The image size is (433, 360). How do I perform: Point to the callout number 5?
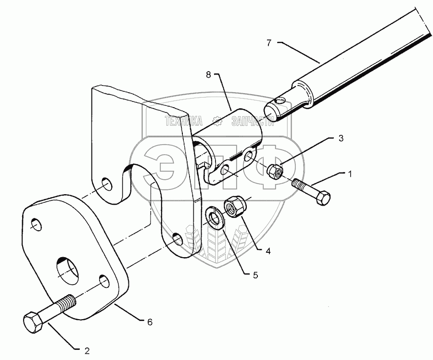click(255, 275)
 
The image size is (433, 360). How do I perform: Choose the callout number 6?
click(150, 322)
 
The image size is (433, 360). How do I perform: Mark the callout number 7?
click(269, 43)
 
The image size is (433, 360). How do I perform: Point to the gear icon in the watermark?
click(217, 122)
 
